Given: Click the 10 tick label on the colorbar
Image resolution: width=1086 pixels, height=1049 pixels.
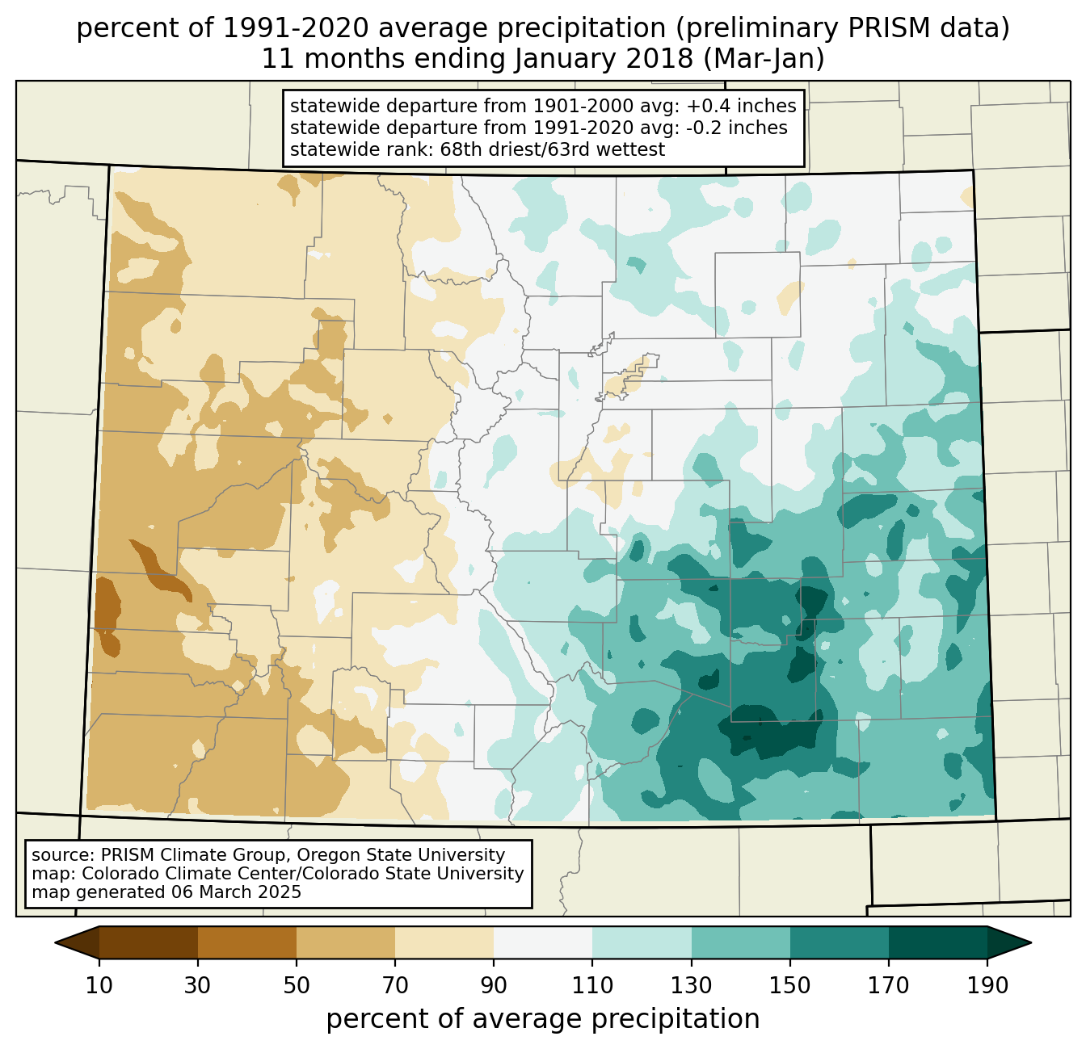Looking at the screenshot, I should [99, 985].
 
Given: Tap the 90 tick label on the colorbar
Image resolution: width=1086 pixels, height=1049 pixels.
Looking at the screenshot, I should [494, 985].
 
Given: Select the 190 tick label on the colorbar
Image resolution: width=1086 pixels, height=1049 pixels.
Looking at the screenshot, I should [987, 985].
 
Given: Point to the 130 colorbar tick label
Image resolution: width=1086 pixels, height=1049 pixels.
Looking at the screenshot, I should [692, 985].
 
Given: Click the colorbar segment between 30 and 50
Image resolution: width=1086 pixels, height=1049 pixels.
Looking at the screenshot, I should [247, 942].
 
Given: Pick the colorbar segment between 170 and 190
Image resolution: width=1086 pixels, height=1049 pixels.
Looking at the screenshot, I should [937, 942].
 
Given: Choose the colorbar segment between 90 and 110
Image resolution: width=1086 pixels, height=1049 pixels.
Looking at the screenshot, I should [543, 942].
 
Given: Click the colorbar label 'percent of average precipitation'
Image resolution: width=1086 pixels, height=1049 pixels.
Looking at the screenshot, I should [543, 1019].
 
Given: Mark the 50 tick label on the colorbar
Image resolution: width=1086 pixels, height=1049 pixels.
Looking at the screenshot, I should [297, 985].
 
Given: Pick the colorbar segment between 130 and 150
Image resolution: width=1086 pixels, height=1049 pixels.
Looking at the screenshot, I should [741, 942].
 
